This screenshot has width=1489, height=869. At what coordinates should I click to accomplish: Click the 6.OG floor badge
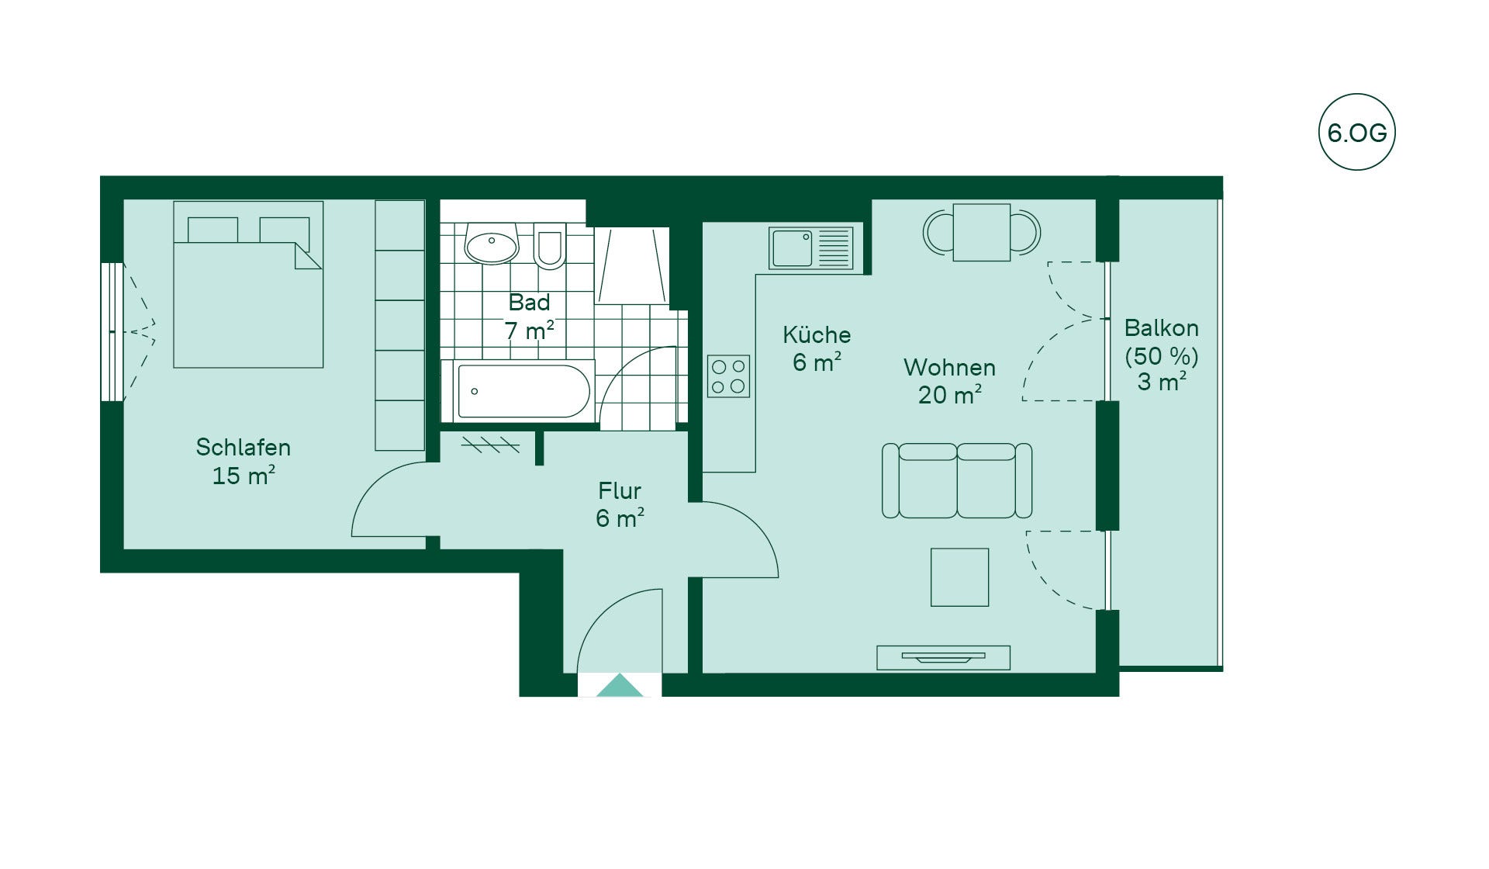tap(1356, 132)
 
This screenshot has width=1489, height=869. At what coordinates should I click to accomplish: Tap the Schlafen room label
tap(243, 448)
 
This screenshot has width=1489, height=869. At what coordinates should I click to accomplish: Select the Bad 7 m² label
tap(529, 317)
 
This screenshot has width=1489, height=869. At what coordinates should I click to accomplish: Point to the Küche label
tap(817, 334)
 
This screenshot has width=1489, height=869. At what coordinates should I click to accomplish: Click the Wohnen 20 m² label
tap(949, 381)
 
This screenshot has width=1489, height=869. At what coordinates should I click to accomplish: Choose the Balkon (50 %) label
tap(1162, 341)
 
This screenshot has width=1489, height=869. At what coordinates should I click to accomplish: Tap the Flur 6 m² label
tap(620, 504)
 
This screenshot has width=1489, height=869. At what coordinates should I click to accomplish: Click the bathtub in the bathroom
tap(523, 391)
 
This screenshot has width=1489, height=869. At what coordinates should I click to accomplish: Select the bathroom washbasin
tap(491, 244)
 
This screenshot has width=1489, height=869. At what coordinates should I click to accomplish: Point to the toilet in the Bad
tap(550, 245)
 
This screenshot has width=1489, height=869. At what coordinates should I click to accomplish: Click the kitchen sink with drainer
tap(810, 248)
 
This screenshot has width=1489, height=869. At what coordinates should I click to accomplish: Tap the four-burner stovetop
tap(728, 376)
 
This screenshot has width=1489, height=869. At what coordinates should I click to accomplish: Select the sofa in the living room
tap(957, 480)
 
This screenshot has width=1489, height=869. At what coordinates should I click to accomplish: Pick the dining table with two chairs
tap(982, 232)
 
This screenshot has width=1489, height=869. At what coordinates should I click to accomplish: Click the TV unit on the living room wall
tap(943, 657)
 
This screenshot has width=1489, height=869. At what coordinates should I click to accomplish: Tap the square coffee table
tap(959, 577)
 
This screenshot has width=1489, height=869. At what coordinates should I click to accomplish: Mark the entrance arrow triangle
tap(620, 685)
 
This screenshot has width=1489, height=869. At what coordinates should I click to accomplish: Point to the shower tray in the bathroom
tap(632, 265)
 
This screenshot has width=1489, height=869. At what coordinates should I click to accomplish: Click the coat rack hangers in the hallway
tap(490, 444)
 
